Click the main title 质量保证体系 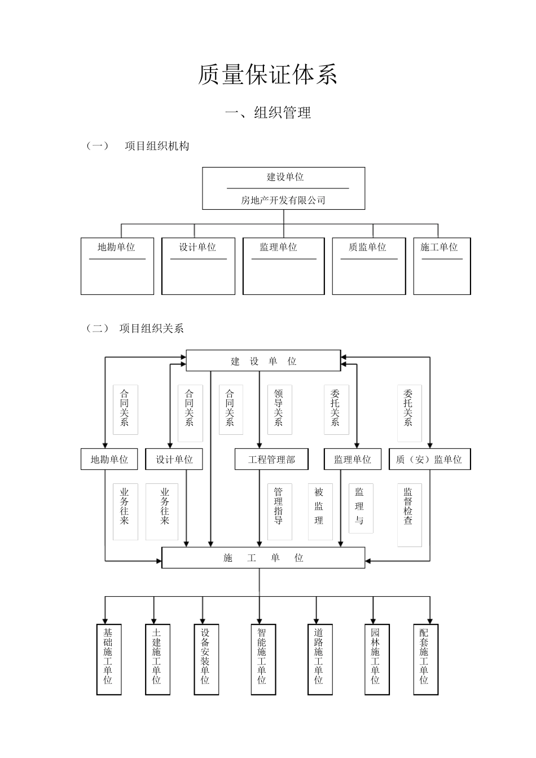point(267,75)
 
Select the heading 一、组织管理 point(268,113)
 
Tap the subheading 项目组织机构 point(157,146)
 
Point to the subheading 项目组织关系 point(151,328)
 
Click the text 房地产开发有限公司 point(283,200)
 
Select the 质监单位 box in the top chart point(368,266)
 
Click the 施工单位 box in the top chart point(442,266)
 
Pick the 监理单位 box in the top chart point(283,266)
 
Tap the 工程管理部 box point(271,460)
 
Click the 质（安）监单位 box point(429,460)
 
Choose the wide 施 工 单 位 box point(263,558)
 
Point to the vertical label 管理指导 point(279,506)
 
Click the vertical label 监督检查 point(408,506)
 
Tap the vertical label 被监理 point(319,506)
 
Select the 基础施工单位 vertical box point(108,659)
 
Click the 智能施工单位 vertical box point(262,659)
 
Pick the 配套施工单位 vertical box point(424,659)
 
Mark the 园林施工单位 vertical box point(376,659)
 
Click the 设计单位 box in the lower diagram point(174,460)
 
